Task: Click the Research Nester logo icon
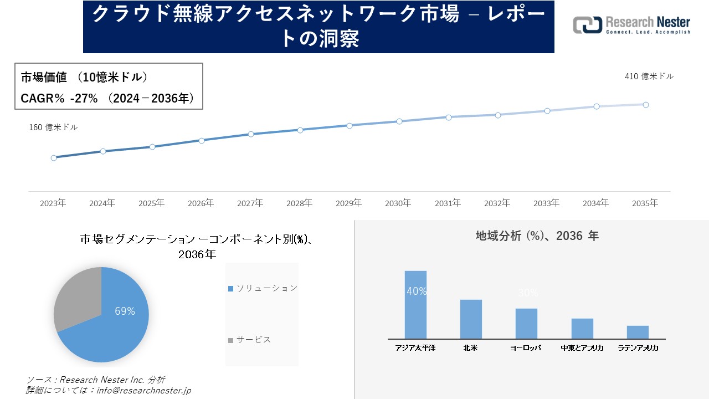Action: click(587, 25)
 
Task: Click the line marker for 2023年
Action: click(54, 158)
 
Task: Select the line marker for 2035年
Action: click(646, 105)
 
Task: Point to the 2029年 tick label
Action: click(349, 203)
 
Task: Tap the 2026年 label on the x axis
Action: click(201, 203)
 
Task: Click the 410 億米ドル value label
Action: click(649, 76)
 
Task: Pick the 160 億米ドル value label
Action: click(53, 127)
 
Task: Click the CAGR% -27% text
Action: click(59, 99)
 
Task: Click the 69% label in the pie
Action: click(125, 311)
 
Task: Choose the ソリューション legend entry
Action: click(263, 288)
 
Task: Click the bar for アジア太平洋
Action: click(415, 305)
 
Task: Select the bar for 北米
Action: click(471, 319)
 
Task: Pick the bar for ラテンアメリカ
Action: click(638, 332)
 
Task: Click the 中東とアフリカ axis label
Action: click(582, 348)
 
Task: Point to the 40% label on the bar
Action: click(416, 291)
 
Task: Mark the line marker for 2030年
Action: click(399, 121)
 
